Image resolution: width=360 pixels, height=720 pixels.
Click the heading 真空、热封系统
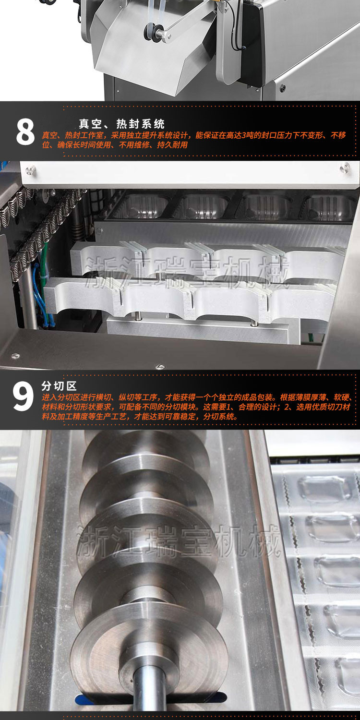click(121, 124)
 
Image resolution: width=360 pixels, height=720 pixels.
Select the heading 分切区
click(59, 386)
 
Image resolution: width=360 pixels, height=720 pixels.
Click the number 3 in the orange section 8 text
click(244, 135)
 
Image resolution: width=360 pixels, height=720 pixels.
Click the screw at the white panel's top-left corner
click(31, 170)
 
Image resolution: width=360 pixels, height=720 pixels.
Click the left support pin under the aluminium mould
click(138, 315)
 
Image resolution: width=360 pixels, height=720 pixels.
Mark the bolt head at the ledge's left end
click(15, 356)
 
